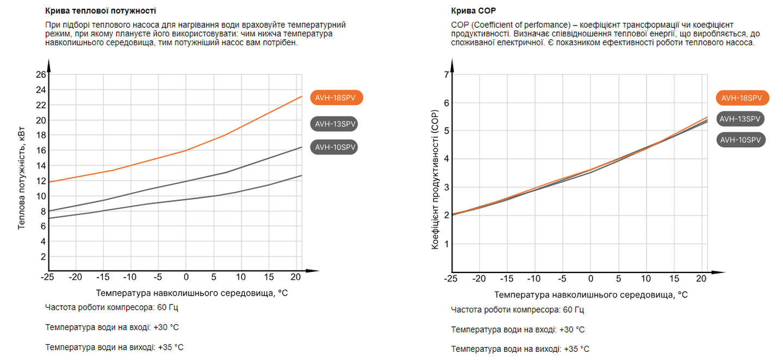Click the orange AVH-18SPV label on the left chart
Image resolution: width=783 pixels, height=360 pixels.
click(x=335, y=98)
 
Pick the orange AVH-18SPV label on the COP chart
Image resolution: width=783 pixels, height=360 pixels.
click(x=742, y=98)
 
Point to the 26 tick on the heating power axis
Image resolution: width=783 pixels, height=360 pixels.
click(x=41, y=75)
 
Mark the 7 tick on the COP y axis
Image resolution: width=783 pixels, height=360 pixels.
click(x=446, y=75)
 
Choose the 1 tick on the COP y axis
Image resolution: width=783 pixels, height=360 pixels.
click(x=446, y=244)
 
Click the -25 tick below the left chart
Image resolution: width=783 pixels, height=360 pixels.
click(x=48, y=277)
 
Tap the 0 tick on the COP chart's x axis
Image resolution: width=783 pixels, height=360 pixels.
click(x=591, y=279)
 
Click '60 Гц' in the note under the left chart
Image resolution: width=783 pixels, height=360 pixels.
click(x=167, y=307)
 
